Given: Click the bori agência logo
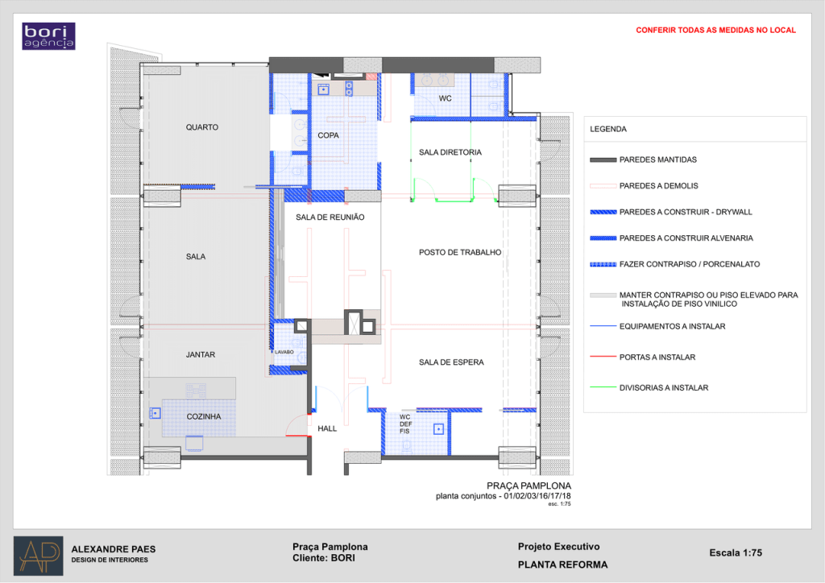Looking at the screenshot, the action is click(x=48, y=36).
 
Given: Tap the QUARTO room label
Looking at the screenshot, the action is click(x=202, y=127).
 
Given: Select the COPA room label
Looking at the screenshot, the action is click(x=329, y=135).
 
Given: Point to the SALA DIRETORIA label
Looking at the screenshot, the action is click(x=450, y=152).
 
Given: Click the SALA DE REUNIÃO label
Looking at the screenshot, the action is click(x=330, y=217).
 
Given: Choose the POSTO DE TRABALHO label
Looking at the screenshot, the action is click(x=460, y=252).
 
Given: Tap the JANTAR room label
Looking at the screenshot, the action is click(x=201, y=355).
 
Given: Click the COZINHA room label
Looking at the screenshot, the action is click(x=204, y=416).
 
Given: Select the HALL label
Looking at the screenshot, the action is click(x=327, y=428).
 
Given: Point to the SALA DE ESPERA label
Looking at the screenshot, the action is click(x=451, y=362).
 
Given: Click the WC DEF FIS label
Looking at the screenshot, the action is click(x=406, y=424).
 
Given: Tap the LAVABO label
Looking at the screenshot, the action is click(x=284, y=352).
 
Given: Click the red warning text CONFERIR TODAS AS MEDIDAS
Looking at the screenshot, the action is click(x=715, y=30).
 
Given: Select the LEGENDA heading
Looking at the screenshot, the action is click(x=608, y=129).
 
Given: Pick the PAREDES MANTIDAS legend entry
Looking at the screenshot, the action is click(x=643, y=159).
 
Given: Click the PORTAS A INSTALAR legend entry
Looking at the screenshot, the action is click(x=642, y=357).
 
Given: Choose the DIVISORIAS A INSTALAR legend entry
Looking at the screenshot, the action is click(x=649, y=387).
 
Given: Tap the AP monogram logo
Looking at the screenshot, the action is click(x=39, y=556).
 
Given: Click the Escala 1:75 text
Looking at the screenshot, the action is click(x=736, y=552).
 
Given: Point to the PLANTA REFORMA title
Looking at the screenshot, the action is click(x=562, y=564).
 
